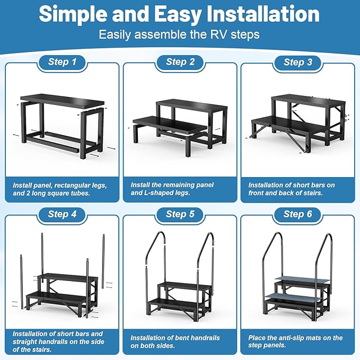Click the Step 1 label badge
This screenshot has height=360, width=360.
click(62, 62)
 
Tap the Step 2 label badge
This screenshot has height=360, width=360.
click(180, 62)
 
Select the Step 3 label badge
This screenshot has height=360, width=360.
click(297, 62)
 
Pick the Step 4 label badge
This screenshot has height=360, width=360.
click(62, 214)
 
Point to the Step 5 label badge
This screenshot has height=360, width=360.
click(180, 214)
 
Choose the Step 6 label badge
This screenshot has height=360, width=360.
click(297, 214)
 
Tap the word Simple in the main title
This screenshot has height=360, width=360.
click(72, 14)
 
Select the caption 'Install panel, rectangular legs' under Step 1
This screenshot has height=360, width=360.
click(60, 185)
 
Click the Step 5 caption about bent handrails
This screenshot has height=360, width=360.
click(175, 341)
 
